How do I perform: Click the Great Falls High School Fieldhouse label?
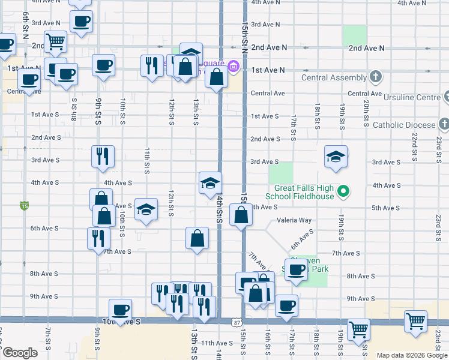(x=299, y=192)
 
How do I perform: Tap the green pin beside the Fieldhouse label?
(x=343, y=192)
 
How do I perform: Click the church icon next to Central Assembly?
(x=376, y=77)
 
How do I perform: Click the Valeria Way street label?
(x=294, y=220)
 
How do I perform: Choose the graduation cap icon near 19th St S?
(x=336, y=157)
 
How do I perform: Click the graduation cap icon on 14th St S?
(x=210, y=183)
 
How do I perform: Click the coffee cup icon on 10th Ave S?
(x=121, y=309)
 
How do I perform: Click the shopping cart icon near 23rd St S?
(x=415, y=322)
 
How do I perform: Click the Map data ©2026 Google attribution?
(x=411, y=355)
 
